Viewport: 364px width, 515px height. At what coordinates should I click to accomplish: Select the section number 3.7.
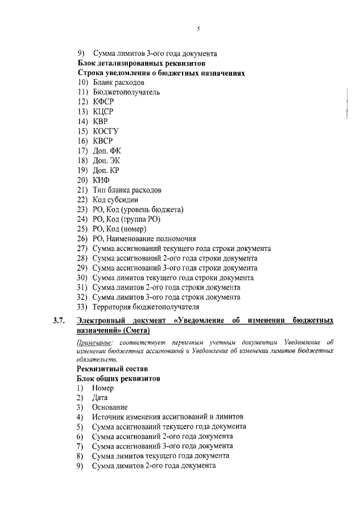pos(60,321)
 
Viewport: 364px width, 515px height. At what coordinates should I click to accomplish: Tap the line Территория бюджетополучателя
pos(142,307)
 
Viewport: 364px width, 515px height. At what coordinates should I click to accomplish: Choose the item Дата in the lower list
pos(100,398)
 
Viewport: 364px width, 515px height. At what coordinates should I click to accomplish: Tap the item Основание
pos(109,407)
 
